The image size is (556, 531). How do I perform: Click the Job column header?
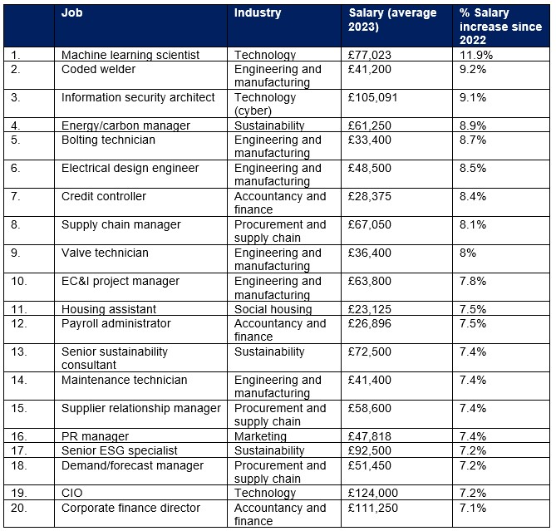pyautogui.click(x=72, y=12)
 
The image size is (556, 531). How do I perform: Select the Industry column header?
pyautogui.click(x=258, y=12)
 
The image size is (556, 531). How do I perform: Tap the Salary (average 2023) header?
pyautogui.click(x=392, y=19)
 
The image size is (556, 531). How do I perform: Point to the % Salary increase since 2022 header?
pyautogui.click(x=500, y=27)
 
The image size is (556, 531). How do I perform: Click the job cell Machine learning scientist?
pyautogui.click(x=130, y=55)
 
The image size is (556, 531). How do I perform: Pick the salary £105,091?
pyautogui.click(x=372, y=97)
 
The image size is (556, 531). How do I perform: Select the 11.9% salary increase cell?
pyautogui.click(x=476, y=55)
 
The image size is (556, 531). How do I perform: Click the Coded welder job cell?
pyautogui.click(x=98, y=69)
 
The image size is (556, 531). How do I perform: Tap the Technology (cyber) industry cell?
pyautogui.click(x=265, y=104)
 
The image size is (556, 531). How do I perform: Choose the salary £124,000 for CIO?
pyautogui.click(x=372, y=493)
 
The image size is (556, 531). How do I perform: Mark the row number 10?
pyautogui.click(x=19, y=281)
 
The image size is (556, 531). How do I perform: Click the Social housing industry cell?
pyautogui.click(x=273, y=309)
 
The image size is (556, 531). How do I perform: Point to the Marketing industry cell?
pyautogui.click(x=260, y=436)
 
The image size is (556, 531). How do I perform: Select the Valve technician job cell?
pyautogui.click(x=105, y=253)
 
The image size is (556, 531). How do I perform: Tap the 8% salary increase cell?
pyautogui.click(x=468, y=253)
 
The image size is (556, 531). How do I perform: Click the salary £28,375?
pyautogui.click(x=370, y=196)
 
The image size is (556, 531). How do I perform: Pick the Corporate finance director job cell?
pyautogui.click(x=130, y=508)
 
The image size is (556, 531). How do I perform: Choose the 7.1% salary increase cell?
pyautogui.click(x=473, y=508)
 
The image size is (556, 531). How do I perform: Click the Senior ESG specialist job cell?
pyautogui.click(x=119, y=450)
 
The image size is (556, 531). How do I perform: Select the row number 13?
pyautogui.click(x=19, y=352)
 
